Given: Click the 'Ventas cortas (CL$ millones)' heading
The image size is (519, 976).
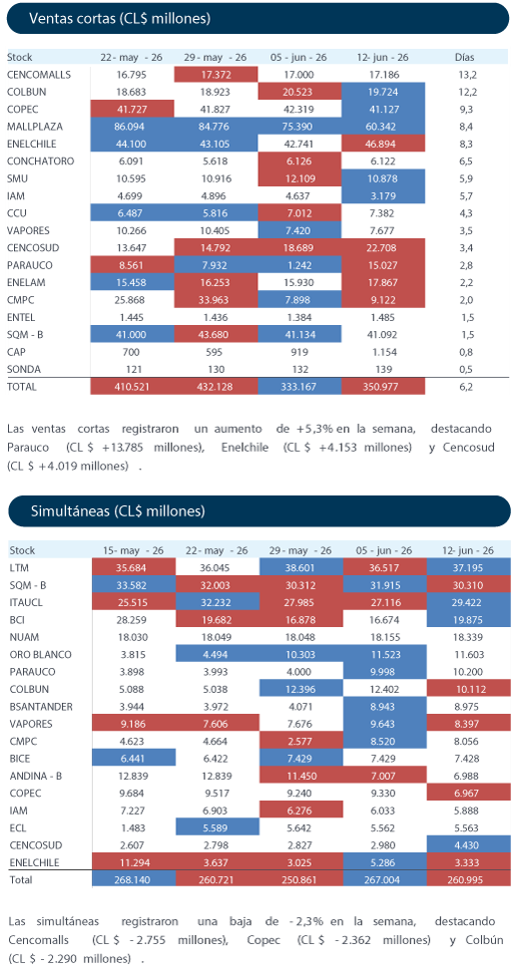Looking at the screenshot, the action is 120,19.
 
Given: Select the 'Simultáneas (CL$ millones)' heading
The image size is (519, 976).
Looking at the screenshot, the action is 118,511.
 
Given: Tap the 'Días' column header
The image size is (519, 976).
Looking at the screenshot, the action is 465,57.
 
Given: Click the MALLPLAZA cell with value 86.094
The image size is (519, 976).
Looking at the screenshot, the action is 132,127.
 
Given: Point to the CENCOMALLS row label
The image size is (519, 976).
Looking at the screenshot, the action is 39,75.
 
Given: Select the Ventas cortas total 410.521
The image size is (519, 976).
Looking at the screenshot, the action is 132,387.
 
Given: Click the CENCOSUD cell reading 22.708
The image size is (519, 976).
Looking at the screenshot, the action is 383,247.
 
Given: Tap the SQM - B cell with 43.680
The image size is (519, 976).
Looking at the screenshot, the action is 217,334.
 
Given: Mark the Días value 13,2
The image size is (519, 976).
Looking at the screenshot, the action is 465,75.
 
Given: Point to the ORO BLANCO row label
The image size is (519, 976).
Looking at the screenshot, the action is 41,655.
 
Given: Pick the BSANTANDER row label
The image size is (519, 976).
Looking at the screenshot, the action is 41,707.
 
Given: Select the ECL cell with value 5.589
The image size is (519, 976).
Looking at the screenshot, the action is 218,827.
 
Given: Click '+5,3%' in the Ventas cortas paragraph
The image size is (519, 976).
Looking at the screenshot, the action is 314,429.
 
